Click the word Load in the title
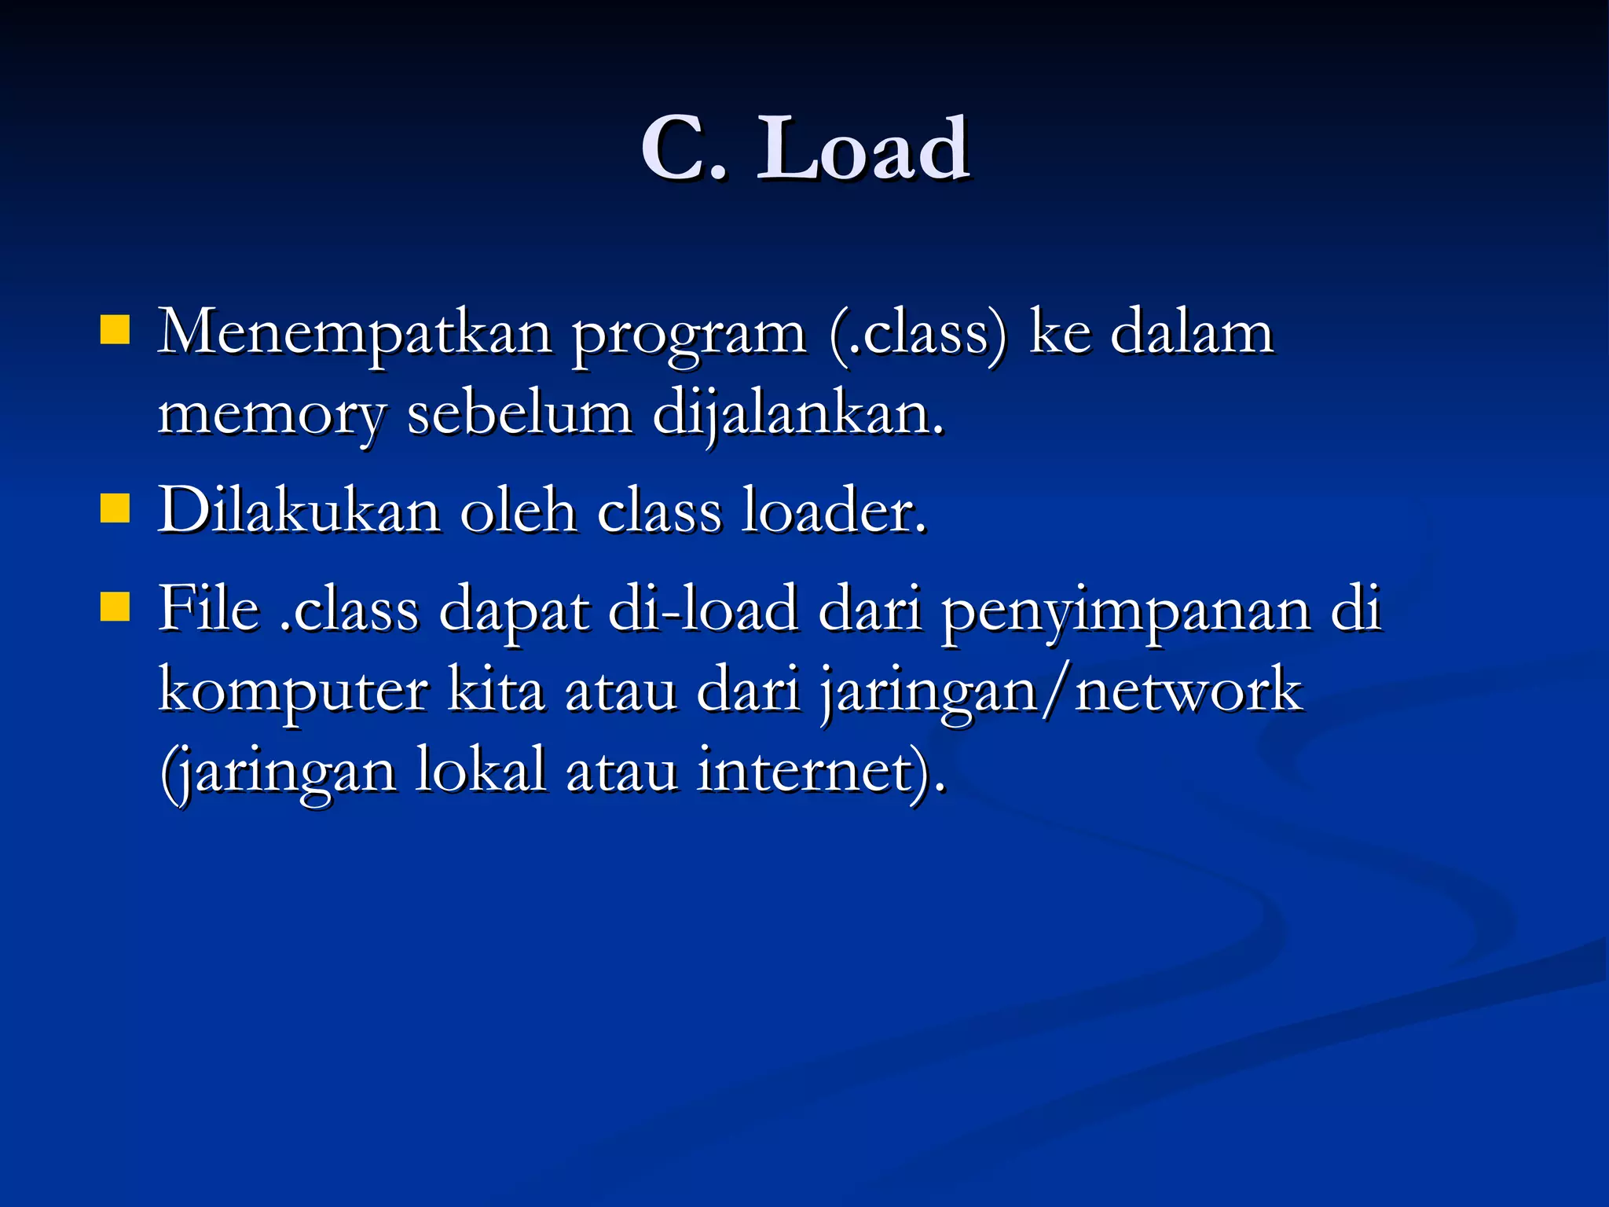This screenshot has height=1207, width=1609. click(862, 149)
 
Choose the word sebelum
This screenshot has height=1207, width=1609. click(519, 413)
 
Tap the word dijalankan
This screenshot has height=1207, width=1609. click(797, 415)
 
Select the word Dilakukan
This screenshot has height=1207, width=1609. click(299, 511)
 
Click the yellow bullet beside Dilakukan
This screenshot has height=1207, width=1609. click(115, 508)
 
